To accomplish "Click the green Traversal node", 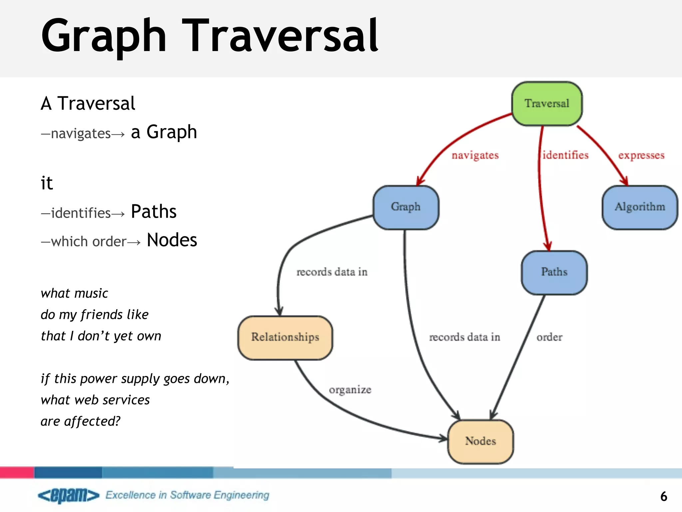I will (x=547, y=104).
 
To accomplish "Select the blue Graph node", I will (x=406, y=207).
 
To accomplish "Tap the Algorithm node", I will (x=640, y=207).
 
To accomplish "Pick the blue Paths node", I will (x=554, y=272).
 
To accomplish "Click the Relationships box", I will (x=285, y=337).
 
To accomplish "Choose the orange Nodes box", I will (x=481, y=441).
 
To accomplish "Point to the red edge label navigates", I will (x=475, y=155).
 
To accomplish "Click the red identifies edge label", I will (x=565, y=155).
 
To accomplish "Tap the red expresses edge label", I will (x=641, y=155).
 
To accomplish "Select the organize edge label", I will (x=350, y=390).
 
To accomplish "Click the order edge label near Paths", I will (x=549, y=337).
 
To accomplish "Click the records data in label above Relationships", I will (x=332, y=272).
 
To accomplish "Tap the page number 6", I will (x=663, y=496).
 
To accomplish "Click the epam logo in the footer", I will (x=69, y=495).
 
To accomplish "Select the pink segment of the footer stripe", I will (x=17, y=472).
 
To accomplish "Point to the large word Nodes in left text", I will (x=172, y=240).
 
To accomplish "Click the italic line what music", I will (x=74, y=293).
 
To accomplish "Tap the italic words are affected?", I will (x=80, y=421).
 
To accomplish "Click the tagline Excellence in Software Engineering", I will (x=187, y=495).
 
